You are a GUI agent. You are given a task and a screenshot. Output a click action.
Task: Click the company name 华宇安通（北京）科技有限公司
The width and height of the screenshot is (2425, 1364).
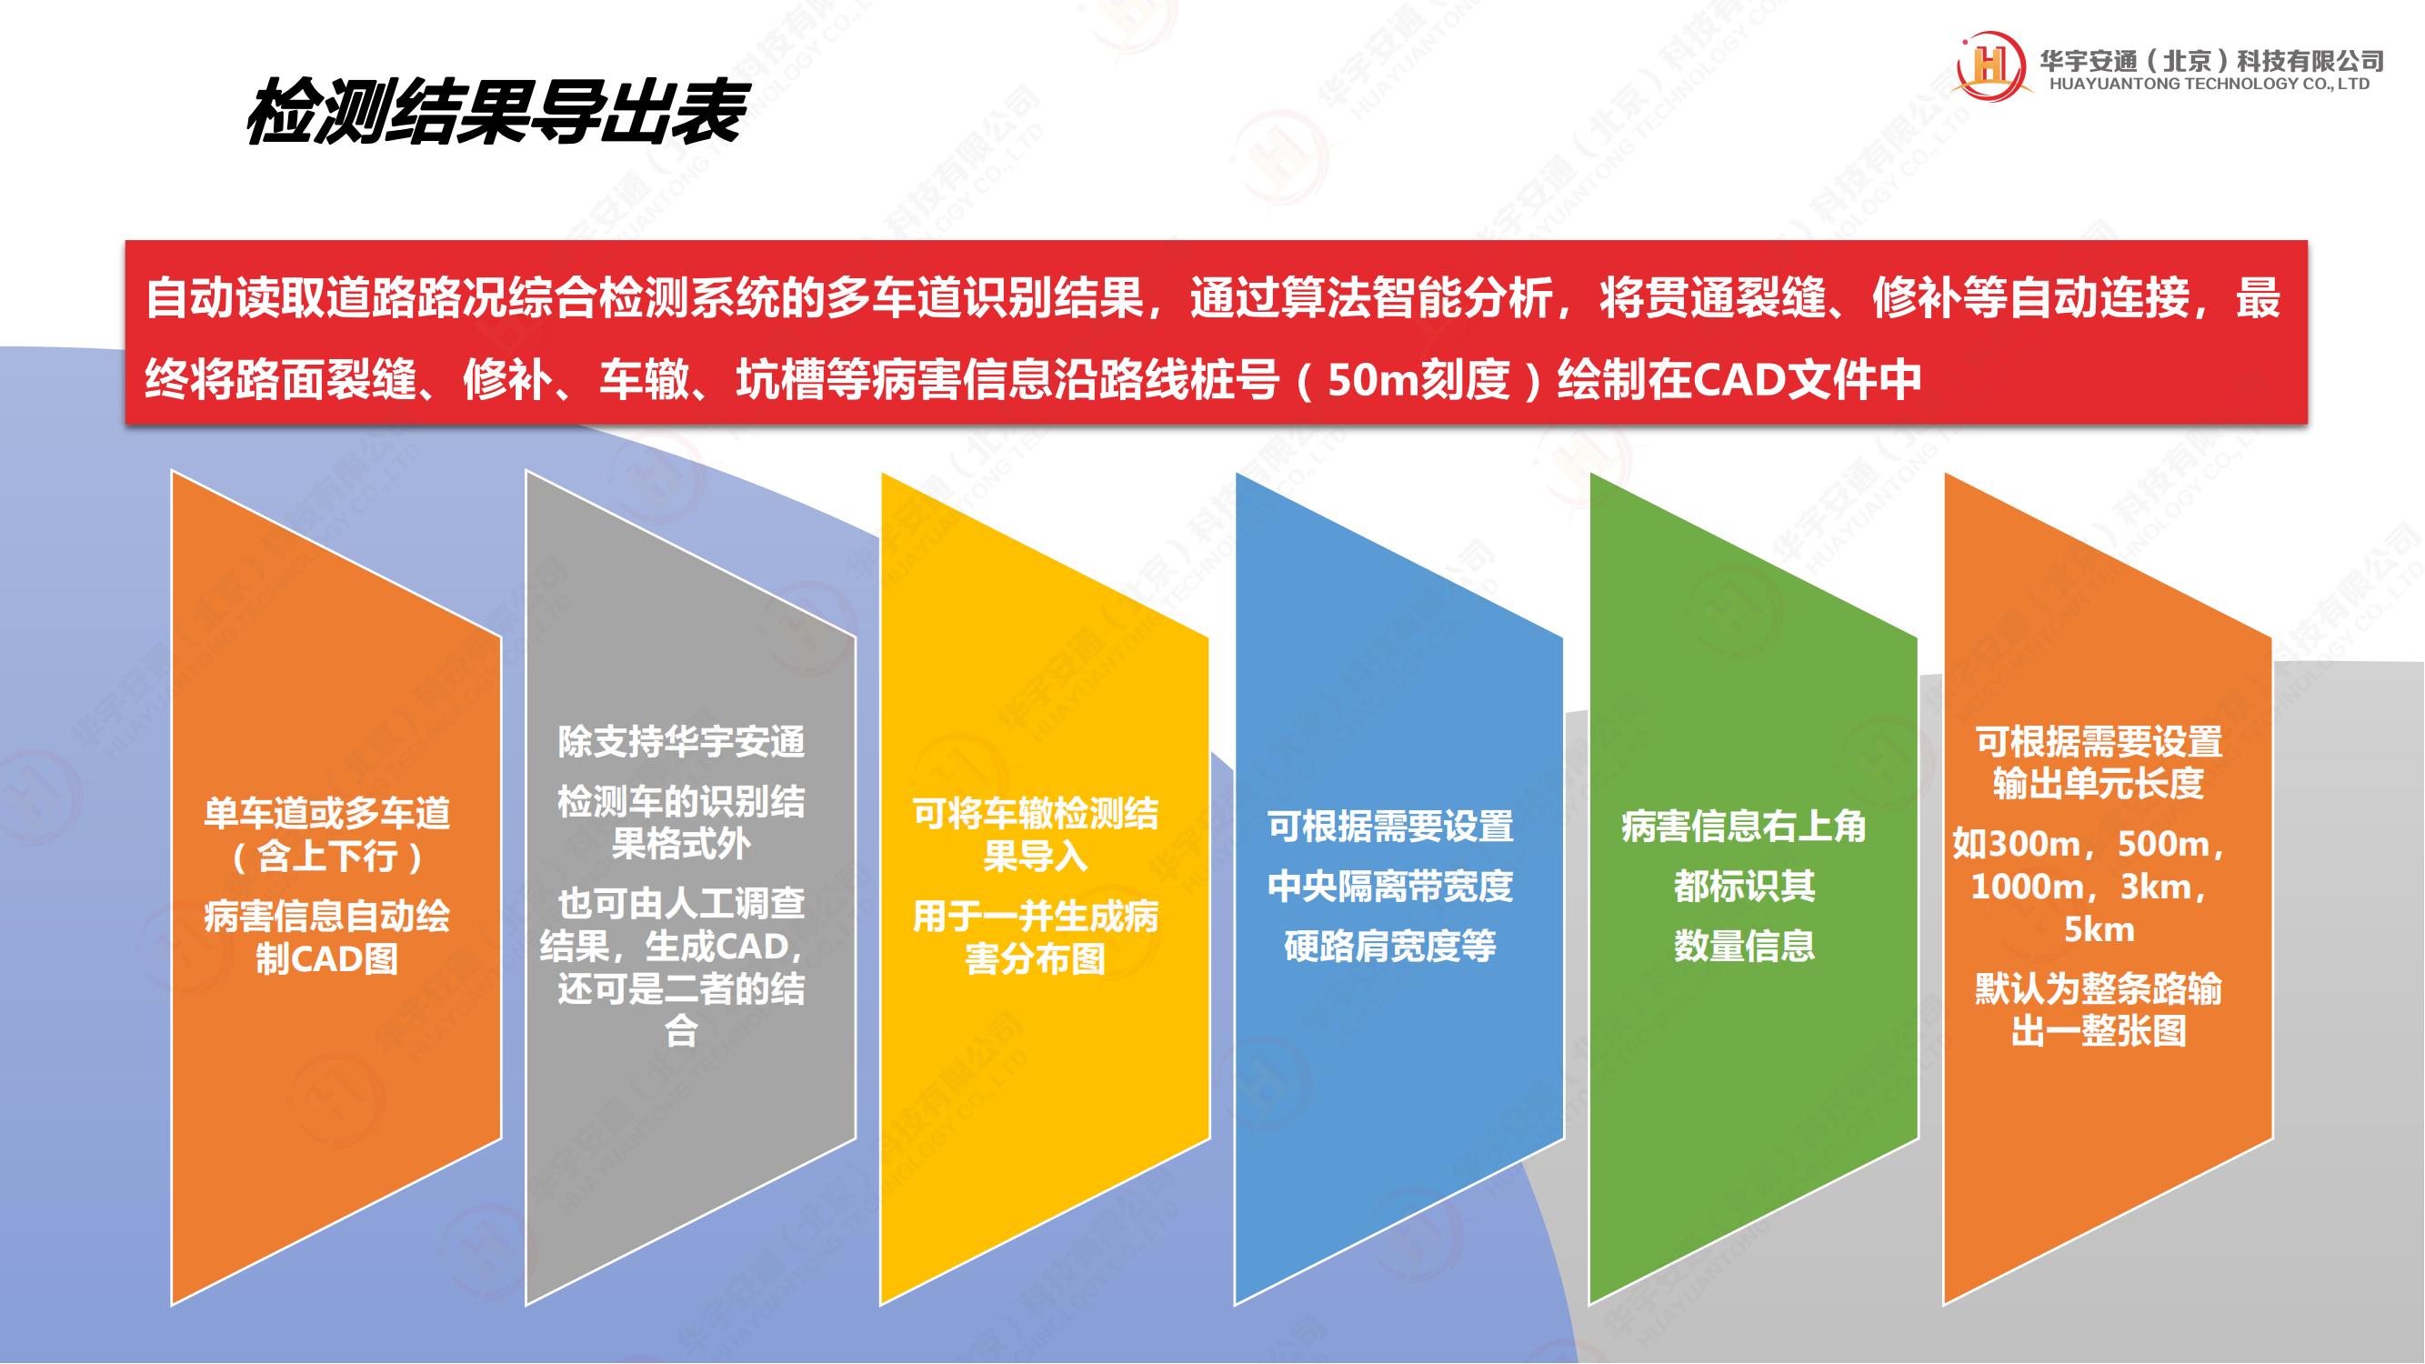pos(2211,59)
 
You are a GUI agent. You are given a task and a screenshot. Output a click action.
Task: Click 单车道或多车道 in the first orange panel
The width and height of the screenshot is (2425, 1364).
pos(326,813)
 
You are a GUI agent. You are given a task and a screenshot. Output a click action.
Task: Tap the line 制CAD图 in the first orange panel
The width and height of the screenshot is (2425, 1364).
pos(326,959)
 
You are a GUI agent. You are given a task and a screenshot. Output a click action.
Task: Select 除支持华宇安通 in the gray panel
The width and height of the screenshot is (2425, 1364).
pos(681,742)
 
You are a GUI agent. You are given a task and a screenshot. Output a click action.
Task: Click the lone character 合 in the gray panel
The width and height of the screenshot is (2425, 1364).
pos(681,1032)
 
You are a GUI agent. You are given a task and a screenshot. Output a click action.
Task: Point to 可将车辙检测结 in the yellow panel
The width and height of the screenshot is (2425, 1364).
pos(1036,813)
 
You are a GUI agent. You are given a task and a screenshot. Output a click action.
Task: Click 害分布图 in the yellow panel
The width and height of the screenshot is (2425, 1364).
pos(1036,959)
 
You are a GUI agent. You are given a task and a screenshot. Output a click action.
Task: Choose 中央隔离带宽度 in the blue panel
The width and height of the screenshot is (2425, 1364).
pos(1389,886)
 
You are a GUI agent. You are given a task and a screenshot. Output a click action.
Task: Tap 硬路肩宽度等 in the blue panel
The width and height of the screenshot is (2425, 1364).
pos(1389,946)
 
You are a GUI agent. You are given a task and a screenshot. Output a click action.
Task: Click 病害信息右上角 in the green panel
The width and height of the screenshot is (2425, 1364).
pos(1743,827)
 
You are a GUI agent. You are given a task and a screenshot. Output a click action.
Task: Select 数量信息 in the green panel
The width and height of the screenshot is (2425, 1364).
pos(1743,946)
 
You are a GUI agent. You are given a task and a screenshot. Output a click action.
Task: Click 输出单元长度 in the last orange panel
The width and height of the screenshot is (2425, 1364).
pos(2099,783)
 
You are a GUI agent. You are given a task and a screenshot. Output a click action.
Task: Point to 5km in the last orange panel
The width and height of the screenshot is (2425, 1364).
pos(2099,929)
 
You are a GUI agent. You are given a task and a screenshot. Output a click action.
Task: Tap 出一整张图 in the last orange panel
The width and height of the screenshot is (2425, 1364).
pos(2099,1032)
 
